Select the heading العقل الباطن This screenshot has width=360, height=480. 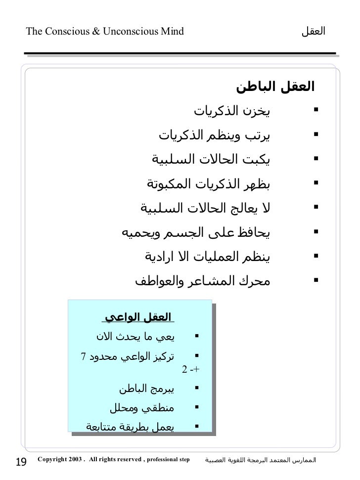(275, 87)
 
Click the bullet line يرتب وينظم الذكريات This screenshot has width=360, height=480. (215, 134)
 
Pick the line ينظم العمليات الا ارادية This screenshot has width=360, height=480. (207, 257)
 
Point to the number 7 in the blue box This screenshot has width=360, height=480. (83, 356)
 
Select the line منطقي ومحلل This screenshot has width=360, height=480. (142, 408)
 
